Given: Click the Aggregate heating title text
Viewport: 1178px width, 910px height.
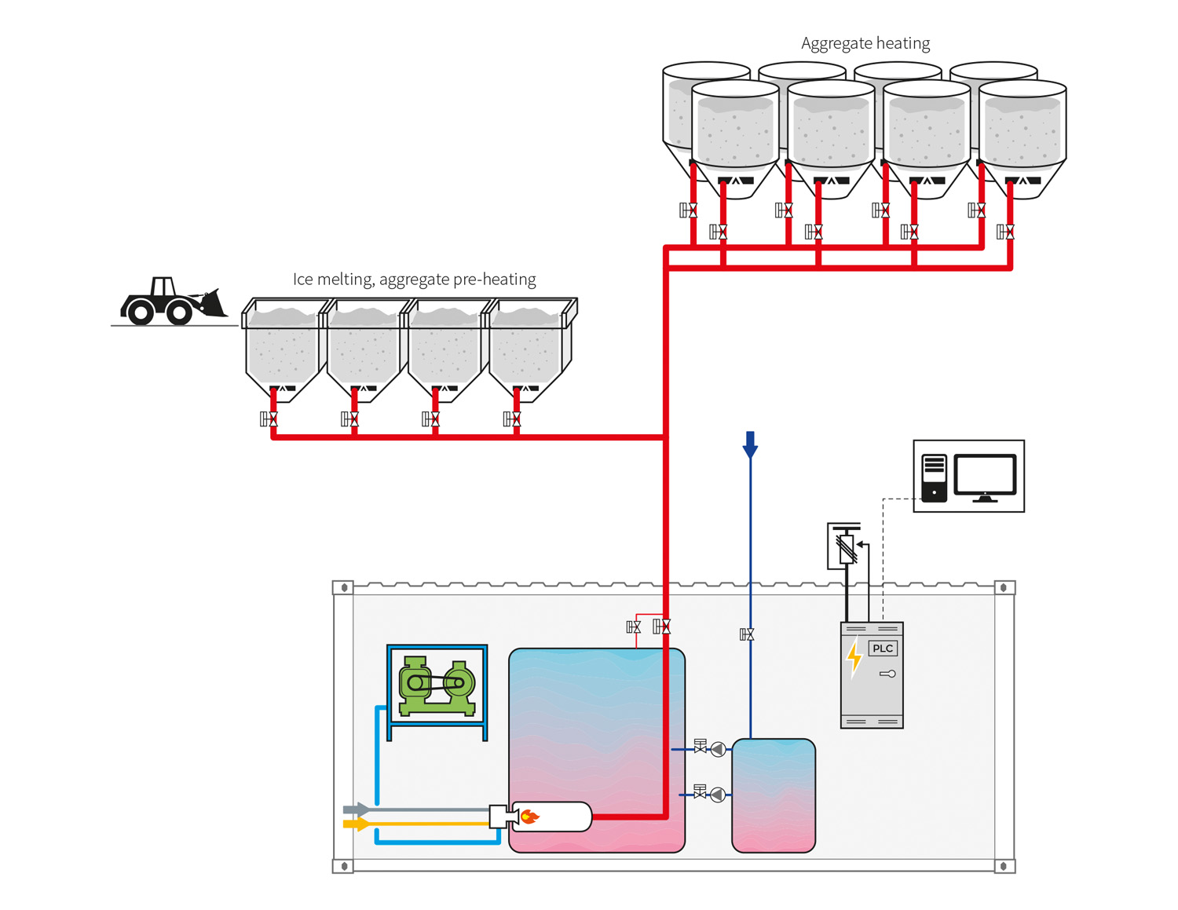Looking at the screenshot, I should [x=865, y=44].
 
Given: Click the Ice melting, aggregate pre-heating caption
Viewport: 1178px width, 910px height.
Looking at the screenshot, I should [x=414, y=280].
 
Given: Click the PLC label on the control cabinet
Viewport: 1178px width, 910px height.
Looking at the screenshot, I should [x=883, y=649].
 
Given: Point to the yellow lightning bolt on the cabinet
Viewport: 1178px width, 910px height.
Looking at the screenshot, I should [x=854, y=657].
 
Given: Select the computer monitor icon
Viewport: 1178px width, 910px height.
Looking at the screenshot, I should [x=985, y=477].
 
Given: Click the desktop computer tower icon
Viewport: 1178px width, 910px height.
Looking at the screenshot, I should [x=934, y=477].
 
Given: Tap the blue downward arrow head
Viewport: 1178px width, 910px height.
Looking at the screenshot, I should [x=750, y=448].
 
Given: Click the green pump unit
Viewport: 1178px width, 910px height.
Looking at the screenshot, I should [x=437, y=685].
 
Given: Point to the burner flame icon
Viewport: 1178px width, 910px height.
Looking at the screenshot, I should [x=530, y=817].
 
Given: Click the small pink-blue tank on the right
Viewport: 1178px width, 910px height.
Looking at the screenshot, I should [x=774, y=795].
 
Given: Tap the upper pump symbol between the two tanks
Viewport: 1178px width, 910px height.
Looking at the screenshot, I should [x=717, y=750].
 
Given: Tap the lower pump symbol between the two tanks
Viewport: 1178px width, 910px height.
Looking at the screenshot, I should [x=717, y=795].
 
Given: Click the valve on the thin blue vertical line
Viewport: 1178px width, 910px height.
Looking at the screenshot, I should [x=748, y=634].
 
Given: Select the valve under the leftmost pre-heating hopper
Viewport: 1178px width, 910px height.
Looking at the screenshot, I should [x=269, y=419].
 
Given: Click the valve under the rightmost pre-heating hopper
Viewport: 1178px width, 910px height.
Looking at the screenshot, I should [x=513, y=419].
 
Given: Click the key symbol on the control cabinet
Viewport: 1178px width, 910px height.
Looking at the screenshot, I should [x=887, y=674].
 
